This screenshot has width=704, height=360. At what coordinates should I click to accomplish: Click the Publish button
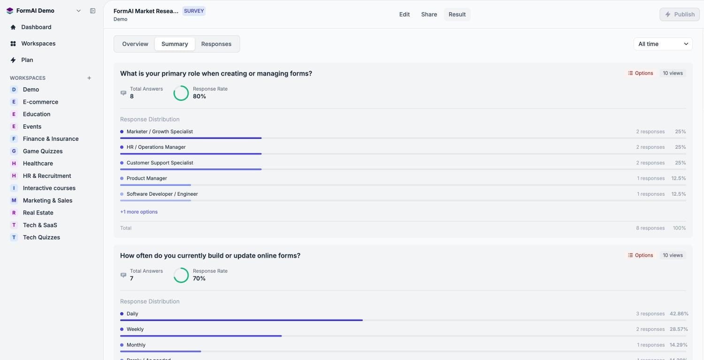point(680,15)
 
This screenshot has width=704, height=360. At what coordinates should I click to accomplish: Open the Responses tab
point(216,44)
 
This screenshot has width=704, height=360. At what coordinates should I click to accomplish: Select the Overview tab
point(135,44)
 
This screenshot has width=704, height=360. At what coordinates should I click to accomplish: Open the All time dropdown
point(663,44)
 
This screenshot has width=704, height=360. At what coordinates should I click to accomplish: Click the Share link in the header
point(429,15)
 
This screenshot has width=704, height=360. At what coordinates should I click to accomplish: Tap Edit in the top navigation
point(404,15)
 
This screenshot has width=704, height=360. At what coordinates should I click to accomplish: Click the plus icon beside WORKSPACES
point(89,78)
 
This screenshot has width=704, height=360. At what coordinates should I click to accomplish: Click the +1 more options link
point(139,212)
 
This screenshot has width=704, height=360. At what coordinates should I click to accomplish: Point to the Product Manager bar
point(155,185)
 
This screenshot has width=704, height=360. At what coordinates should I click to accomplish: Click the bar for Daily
point(241,320)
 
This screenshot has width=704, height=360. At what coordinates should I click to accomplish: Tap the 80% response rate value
point(199,97)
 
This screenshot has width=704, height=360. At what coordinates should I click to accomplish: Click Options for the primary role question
point(640,73)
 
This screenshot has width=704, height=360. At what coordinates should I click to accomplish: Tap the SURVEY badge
point(194,11)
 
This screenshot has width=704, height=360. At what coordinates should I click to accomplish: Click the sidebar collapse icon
point(93,11)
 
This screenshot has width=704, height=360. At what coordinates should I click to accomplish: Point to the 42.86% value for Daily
point(679,314)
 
